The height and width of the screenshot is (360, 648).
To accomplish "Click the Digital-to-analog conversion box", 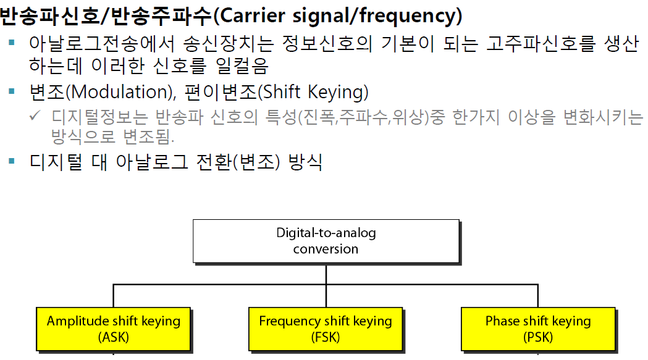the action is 326,241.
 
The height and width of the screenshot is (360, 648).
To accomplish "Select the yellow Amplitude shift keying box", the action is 114,329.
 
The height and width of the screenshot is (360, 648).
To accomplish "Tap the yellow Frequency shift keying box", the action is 326,329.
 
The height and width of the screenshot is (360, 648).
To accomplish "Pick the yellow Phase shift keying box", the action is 538,329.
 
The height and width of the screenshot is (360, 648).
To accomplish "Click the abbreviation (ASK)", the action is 114,338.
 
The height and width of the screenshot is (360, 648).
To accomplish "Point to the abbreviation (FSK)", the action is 326,338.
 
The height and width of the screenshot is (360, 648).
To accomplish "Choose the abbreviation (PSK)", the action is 538,338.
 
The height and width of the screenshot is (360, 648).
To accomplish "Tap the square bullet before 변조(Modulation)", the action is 12,91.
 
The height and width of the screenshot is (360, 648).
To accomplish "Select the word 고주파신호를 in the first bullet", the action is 538,44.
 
